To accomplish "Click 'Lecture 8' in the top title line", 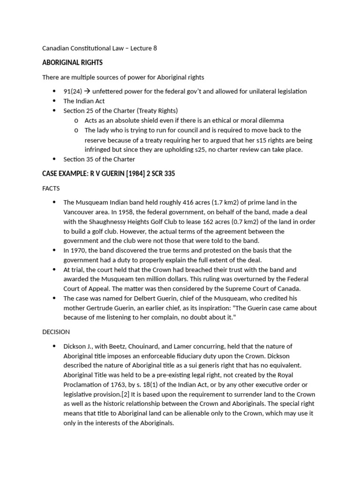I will pos(143,48).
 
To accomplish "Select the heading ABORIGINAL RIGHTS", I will pos(72,62).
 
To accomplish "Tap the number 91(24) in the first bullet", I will pos(73,91).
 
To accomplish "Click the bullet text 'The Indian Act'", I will pos(84,101).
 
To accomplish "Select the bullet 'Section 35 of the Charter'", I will pos(99,159).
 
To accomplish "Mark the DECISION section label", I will pos(56,331).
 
